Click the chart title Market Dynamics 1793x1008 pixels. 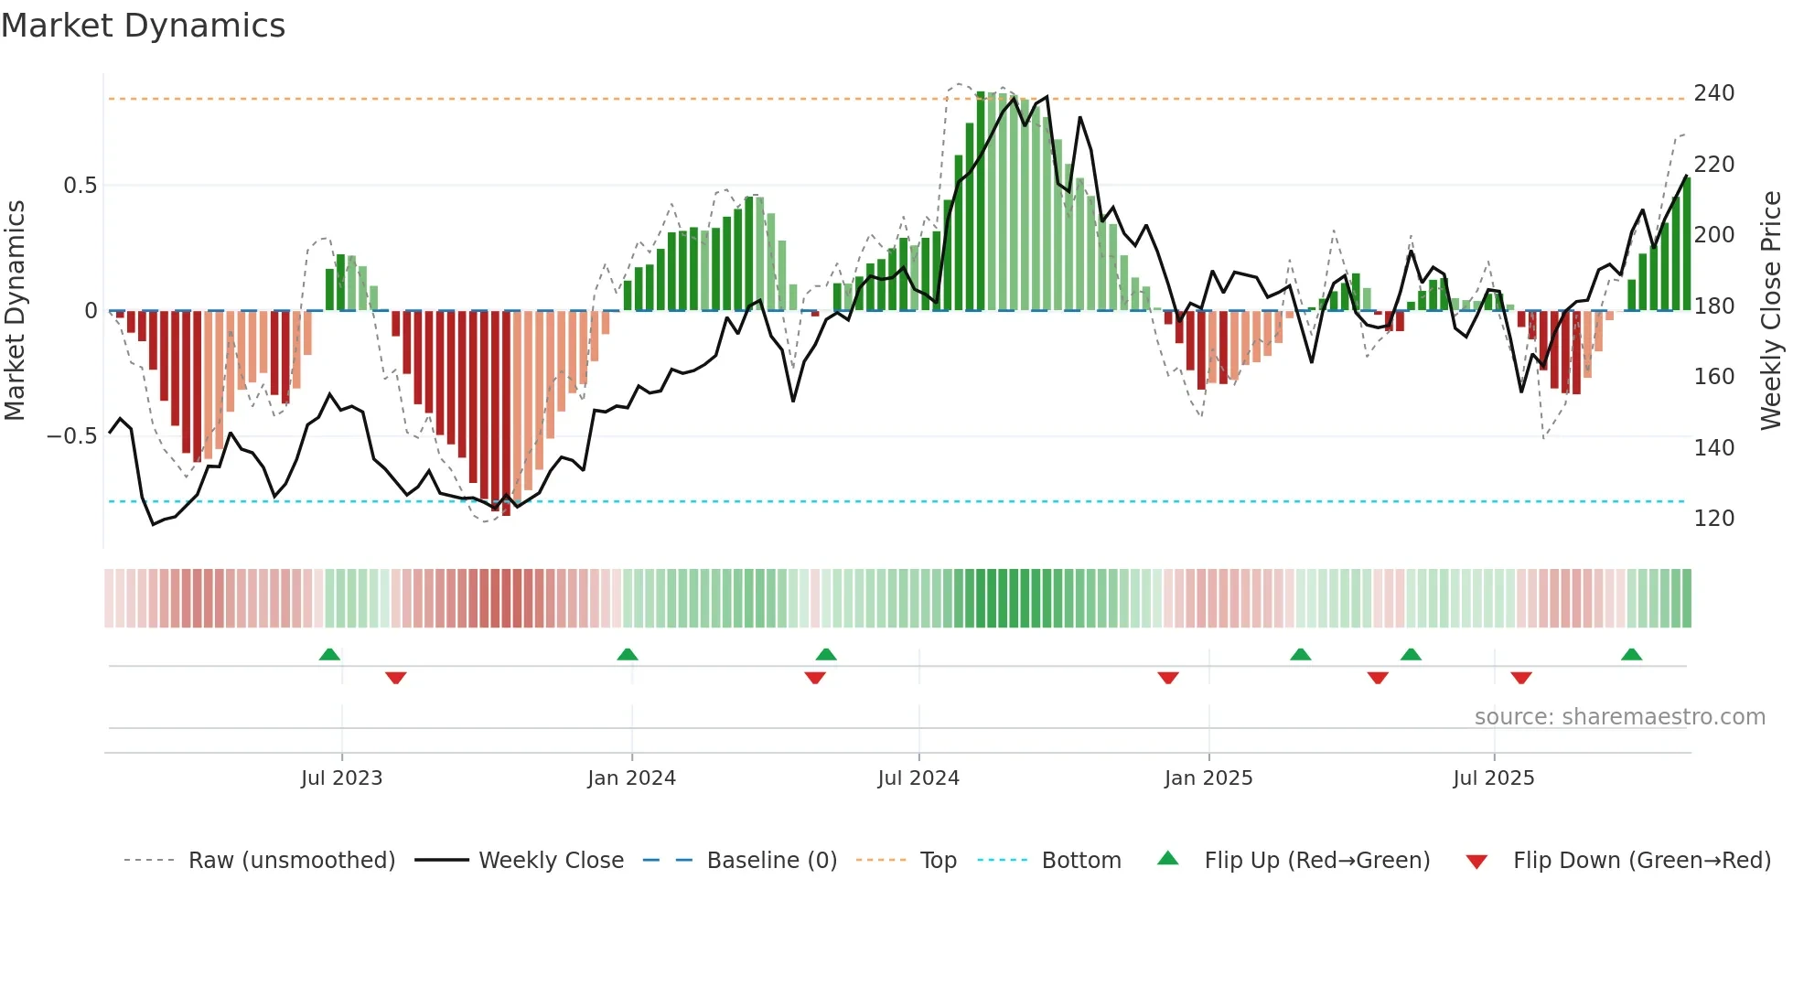[x=143, y=26]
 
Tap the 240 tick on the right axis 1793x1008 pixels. [x=1713, y=93]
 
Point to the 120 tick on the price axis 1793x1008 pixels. [x=1713, y=519]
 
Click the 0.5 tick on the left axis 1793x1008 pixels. [x=80, y=186]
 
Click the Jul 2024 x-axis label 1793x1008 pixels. [x=918, y=778]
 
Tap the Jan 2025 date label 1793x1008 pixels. [x=1208, y=778]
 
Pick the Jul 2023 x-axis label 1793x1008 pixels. [x=341, y=778]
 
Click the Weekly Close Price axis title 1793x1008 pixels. [x=1771, y=310]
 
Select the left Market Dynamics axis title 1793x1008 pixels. [x=15, y=310]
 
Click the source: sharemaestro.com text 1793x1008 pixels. [x=1619, y=717]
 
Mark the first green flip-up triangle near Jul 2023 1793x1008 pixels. [x=329, y=654]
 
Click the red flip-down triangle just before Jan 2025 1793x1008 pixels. [x=1168, y=678]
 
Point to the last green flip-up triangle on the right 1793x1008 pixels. [x=1631, y=654]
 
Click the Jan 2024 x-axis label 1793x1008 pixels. [x=631, y=778]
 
